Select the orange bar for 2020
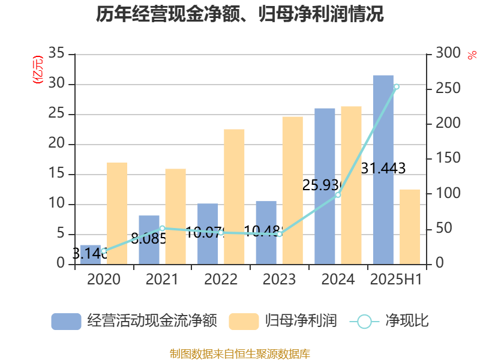pos(117,213)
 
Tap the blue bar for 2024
pos(325,186)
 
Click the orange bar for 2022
pos(234,196)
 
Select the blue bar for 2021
pos(149,240)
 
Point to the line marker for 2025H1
pos(396,87)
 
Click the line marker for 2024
pos(338,195)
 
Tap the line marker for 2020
pos(104,251)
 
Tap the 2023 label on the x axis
pos(279,280)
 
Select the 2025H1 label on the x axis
pos(396,280)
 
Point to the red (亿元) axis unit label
pos(38,70)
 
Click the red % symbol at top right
pos(472,55)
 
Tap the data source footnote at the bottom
pos(240,353)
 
